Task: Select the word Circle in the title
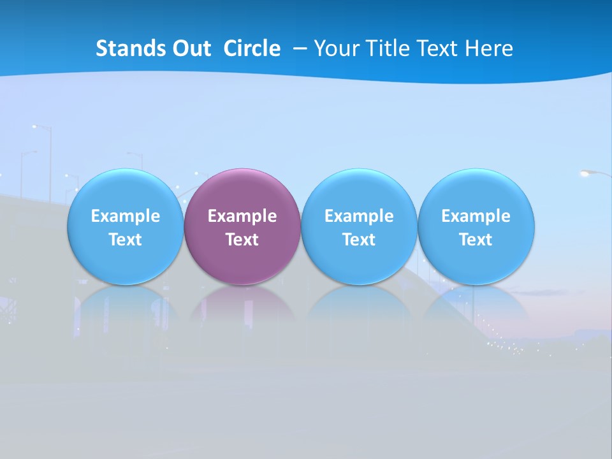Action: point(252,48)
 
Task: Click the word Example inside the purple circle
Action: point(242,216)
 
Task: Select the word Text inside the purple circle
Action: point(242,240)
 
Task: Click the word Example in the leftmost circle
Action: point(126,216)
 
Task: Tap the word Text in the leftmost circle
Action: point(126,240)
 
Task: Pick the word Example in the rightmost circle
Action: point(476,216)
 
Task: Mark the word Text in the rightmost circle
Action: point(476,240)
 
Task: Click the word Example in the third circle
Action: point(359,216)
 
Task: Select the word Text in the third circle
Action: point(359,240)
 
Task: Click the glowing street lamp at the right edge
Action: point(588,172)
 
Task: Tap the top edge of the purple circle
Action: point(242,170)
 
